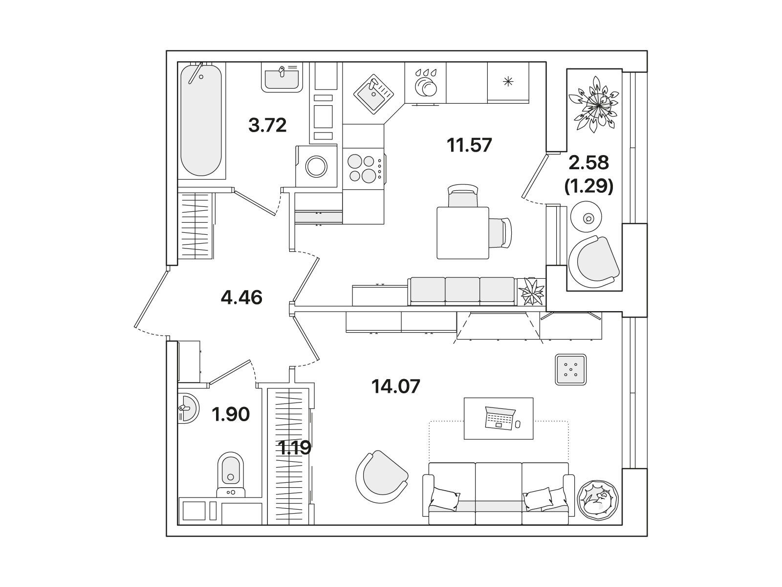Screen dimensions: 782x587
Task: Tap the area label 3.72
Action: [x=267, y=125]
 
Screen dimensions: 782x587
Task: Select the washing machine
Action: [x=316, y=166]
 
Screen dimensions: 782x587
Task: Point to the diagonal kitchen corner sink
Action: [x=373, y=94]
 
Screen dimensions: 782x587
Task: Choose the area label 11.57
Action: [x=469, y=145]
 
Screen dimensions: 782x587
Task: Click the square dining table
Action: [x=463, y=233]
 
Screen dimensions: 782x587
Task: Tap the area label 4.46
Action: [x=241, y=297]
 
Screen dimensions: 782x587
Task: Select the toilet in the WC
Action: [x=231, y=474]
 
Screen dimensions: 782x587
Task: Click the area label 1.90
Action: [x=231, y=414]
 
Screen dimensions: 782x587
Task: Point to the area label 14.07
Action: [x=396, y=386]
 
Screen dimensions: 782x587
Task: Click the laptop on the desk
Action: [x=500, y=418]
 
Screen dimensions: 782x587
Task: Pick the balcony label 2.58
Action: [x=588, y=162]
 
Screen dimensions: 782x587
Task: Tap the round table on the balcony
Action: [x=586, y=217]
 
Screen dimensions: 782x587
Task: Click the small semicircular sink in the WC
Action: [x=188, y=408]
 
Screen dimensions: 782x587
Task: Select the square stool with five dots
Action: [x=571, y=370]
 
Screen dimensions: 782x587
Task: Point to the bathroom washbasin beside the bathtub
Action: [x=282, y=78]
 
